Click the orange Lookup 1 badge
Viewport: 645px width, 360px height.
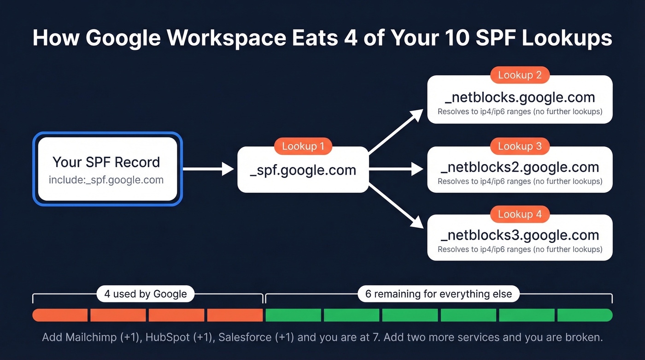(303, 147)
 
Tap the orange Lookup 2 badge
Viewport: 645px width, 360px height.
(520, 75)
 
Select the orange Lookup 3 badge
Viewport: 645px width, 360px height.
(520, 146)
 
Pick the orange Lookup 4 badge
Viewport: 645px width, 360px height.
(520, 214)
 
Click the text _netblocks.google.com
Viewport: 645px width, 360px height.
(520, 98)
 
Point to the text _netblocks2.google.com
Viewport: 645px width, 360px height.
(520, 167)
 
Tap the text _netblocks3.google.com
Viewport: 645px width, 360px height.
(520, 235)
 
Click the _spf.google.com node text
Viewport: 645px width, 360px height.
(303, 170)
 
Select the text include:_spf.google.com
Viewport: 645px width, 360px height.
(106, 180)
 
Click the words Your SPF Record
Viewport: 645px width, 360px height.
(106, 162)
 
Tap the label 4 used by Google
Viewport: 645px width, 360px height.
(146, 294)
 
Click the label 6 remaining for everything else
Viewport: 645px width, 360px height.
(439, 294)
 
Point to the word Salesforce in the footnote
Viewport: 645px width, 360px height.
(245, 337)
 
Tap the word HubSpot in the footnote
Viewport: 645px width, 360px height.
(167, 337)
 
